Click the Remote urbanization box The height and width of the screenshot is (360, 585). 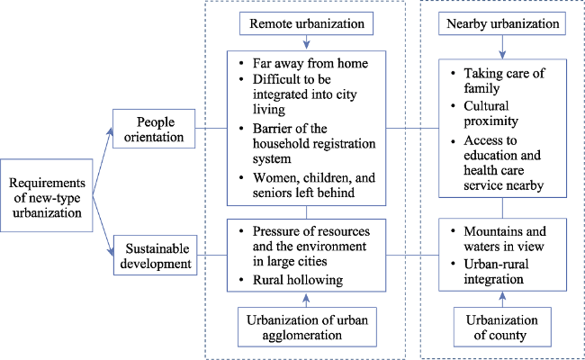[x=306, y=23]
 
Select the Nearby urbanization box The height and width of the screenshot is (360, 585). [x=502, y=23]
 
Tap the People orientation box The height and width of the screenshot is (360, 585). [x=154, y=129]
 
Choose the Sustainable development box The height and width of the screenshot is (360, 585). [x=155, y=256]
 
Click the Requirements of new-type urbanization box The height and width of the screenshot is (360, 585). [x=47, y=195]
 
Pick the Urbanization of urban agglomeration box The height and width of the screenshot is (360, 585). [x=307, y=328]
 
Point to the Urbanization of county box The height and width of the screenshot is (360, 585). [x=502, y=328]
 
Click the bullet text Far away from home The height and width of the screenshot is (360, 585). [x=310, y=63]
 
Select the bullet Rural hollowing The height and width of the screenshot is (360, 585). [x=298, y=280]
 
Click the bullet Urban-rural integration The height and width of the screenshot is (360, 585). [x=496, y=272]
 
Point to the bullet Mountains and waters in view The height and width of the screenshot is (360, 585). [x=505, y=238]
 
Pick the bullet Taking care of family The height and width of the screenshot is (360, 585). [x=504, y=81]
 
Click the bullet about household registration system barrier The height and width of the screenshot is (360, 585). [x=314, y=144]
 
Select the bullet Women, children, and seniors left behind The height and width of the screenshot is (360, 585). [x=314, y=185]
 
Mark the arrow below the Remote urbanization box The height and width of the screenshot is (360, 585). [x=306, y=42]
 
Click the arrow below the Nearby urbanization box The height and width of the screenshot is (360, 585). [x=502, y=47]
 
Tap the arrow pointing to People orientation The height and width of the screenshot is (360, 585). [x=103, y=161]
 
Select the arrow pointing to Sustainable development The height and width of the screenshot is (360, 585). [x=103, y=226]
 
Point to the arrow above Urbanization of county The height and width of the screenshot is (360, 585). [x=502, y=299]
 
